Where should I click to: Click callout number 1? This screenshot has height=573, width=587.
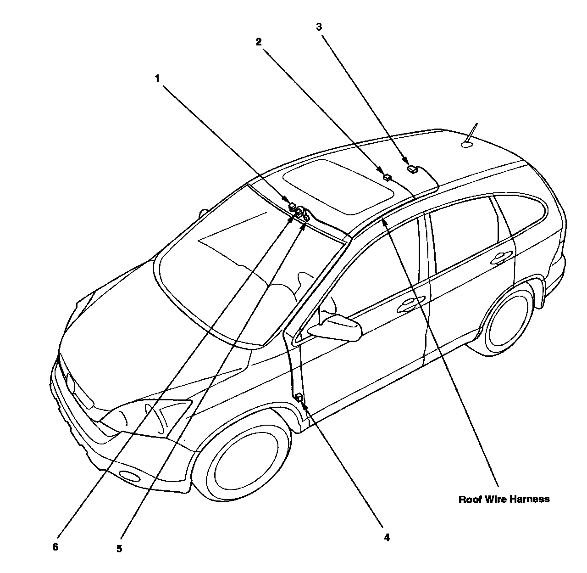(x=157, y=79)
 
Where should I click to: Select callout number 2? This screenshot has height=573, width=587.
(x=259, y=42)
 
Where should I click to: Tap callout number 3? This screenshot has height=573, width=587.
(x=319, y=27)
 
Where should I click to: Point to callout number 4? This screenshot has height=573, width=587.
(x=387, y=537)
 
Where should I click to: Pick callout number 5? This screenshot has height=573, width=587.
(x=119, y=548)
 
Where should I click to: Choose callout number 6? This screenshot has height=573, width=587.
(x=55, y=547)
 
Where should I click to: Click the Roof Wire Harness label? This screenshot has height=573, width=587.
(x=504, y=499)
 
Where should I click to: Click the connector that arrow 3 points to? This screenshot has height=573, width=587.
(x=412, y=169)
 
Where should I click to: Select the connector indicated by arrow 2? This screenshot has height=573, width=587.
(x=388, y=177)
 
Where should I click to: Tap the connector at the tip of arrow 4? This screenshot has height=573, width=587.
(x=299, y=397)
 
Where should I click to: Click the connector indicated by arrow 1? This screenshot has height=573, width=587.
(x=292, y=206)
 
